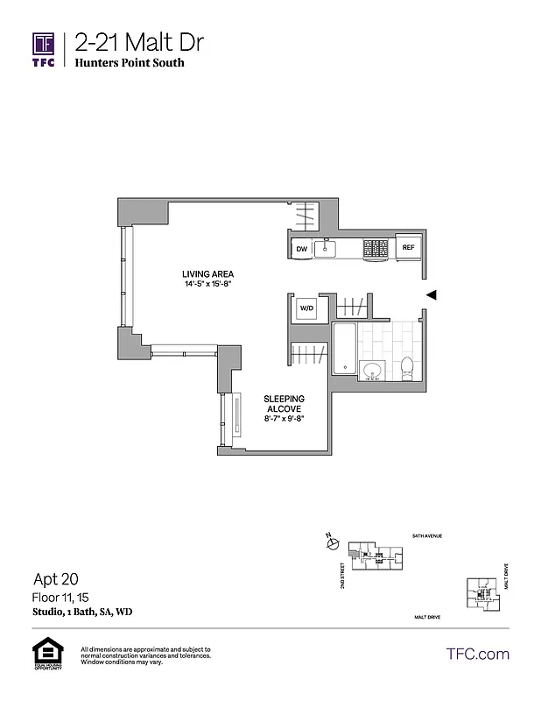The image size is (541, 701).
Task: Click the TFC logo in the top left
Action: tap(44, 49)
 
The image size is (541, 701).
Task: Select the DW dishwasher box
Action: tap(301, 249)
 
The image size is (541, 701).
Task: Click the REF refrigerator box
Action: tap(408, 248)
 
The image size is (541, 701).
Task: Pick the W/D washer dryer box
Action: tap(306, 309)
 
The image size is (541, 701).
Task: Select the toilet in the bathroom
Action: tap(406, 369)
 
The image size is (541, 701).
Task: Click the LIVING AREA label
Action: tap(207, 273)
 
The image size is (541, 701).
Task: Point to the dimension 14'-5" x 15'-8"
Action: tap(207, 283)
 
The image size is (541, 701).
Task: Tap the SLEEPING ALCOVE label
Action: tap(284, 403)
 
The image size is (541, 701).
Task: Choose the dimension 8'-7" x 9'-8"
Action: tap(284, 419)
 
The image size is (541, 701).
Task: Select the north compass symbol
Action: tap(331, 543)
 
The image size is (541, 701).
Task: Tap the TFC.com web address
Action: tap(478, 654)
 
